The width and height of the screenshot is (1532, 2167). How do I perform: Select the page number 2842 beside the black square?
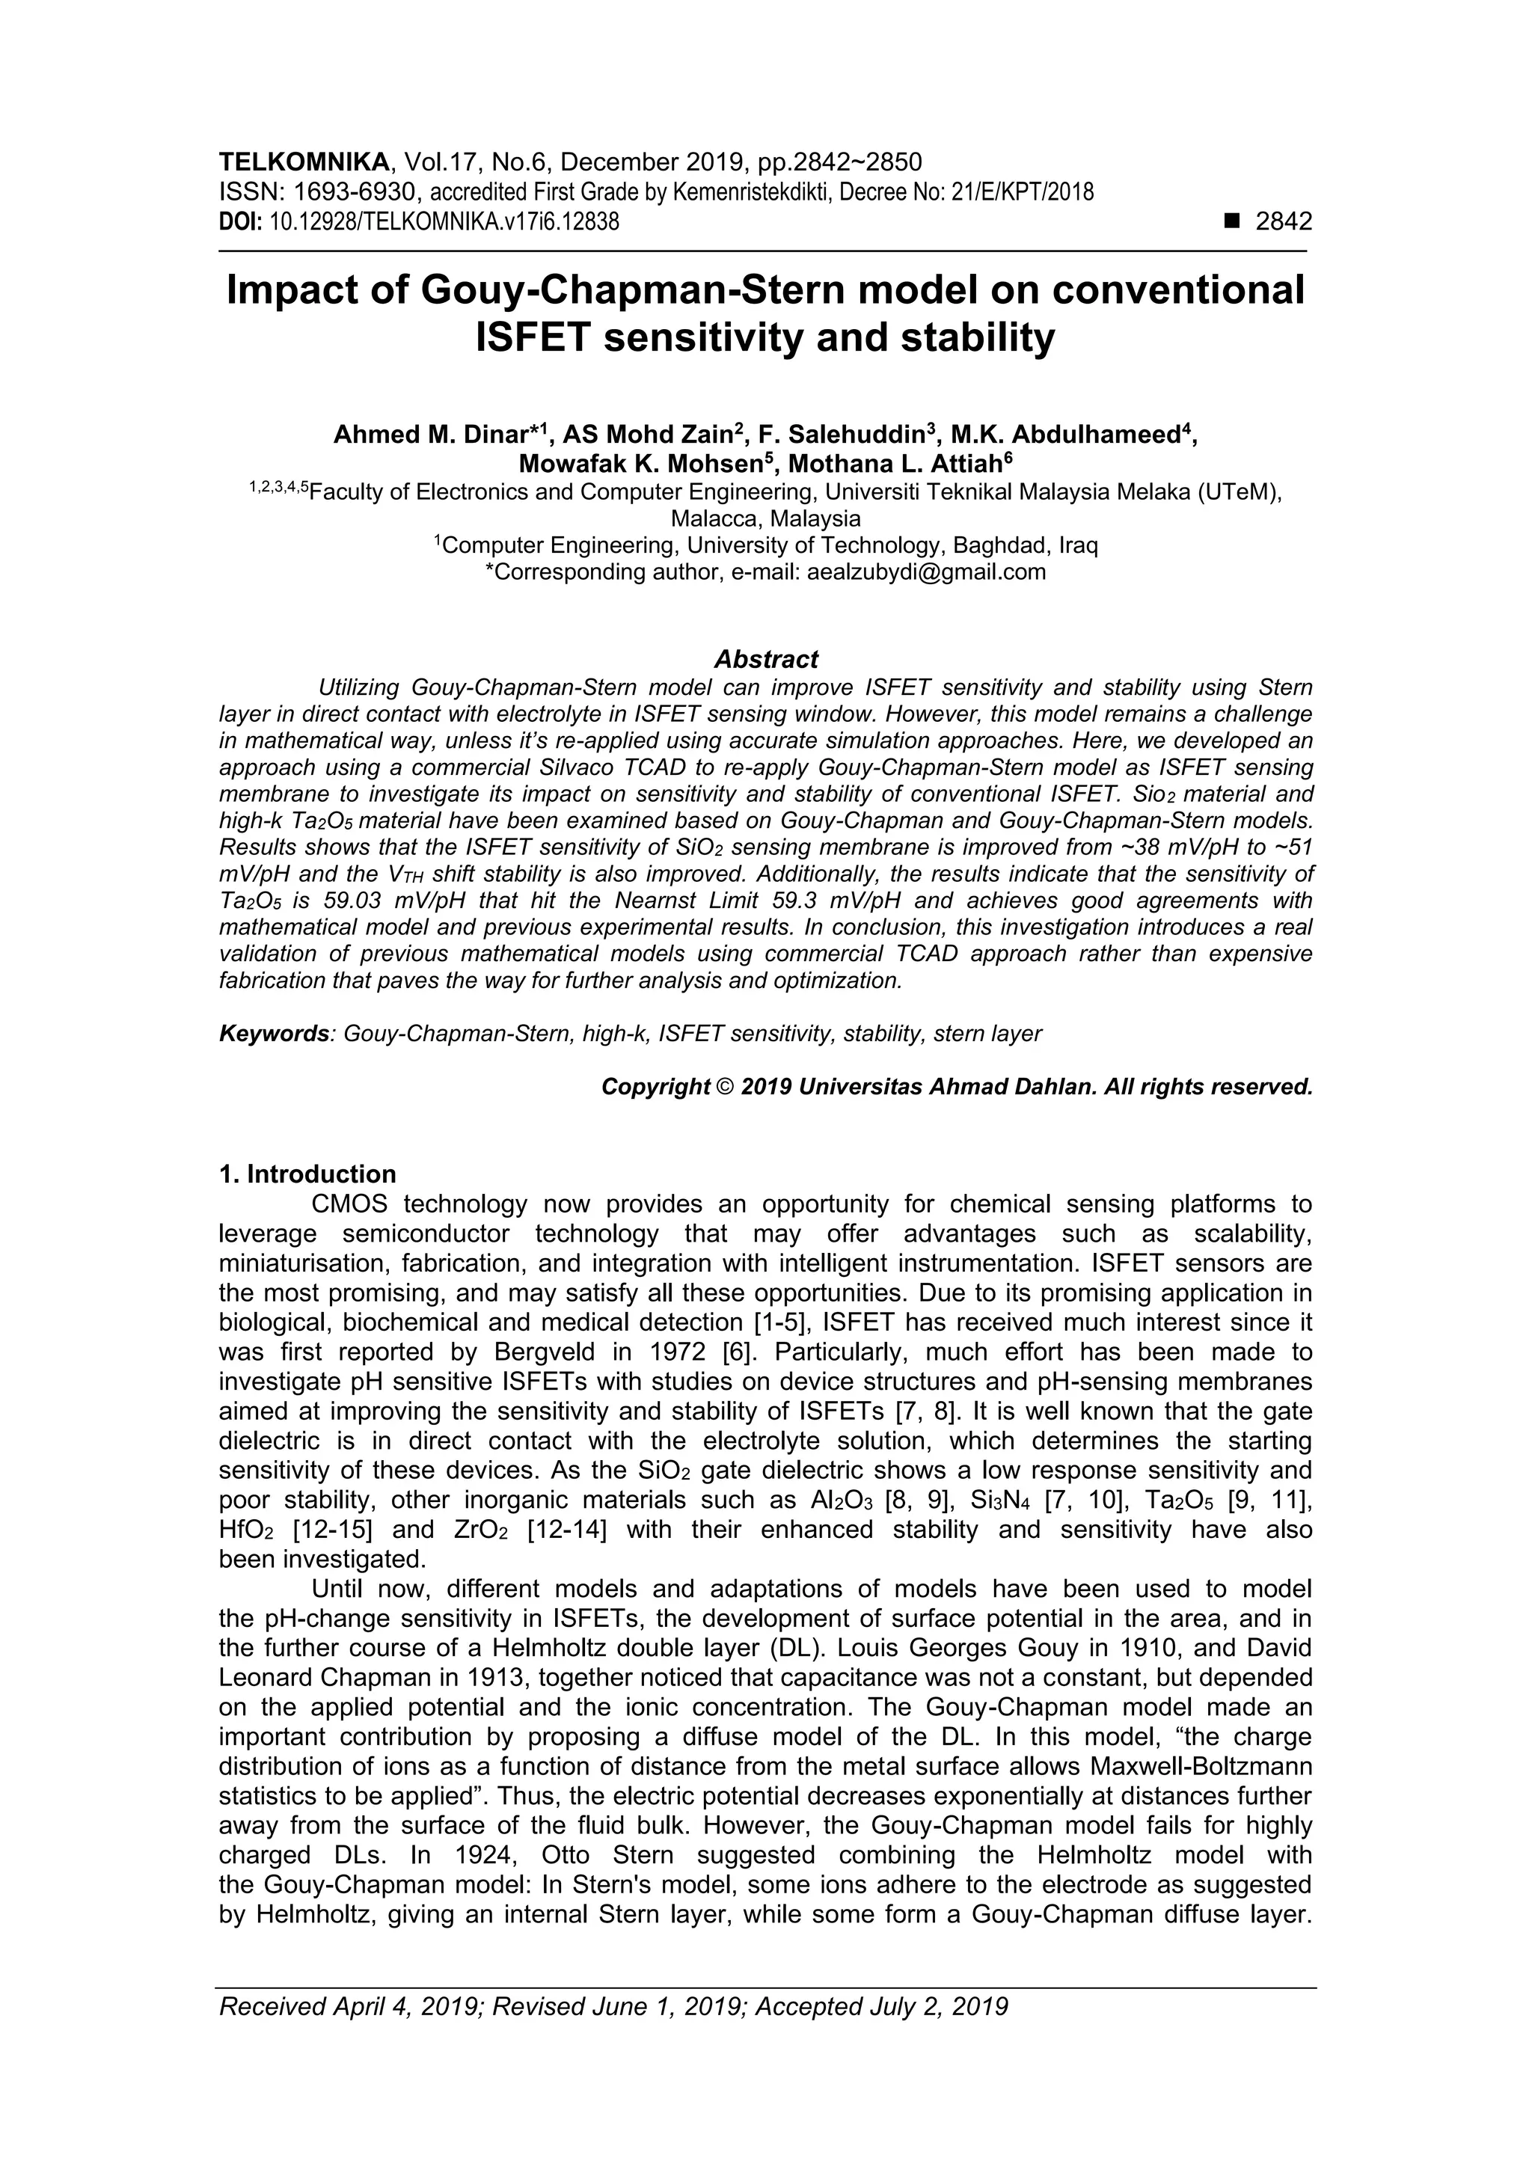pyautogui.click(x=1283, y=222)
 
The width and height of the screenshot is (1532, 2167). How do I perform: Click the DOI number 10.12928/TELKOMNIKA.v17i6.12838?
pyautogui.click(x=444, y=223)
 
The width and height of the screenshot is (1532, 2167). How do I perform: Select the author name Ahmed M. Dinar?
pyautogui.click(x=430, y=435)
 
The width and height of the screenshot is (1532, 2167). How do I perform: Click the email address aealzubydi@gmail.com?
pyautogui.click(x=926, y=572)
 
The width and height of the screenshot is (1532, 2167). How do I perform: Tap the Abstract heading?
pyautogui.click(x=765, y=659)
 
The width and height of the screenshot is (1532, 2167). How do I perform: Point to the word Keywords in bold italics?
pyautogui.click(x=274, y=1034)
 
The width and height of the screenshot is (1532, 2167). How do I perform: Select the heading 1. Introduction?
pyautogui.click(x=307, y=1174)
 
